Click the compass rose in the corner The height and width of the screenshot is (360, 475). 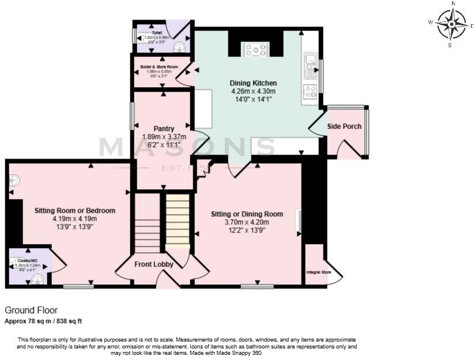point(451,24)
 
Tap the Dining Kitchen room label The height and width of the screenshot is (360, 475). point(253,83)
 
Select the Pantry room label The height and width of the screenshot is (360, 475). point(164,128)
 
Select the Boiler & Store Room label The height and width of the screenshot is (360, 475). point(159,67)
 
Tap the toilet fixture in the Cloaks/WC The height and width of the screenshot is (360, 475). point(37,280)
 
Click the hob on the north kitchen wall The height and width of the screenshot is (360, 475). point(255,50)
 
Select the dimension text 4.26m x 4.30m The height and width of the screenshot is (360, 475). point(253,91)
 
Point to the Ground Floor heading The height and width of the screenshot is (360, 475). point(31,310)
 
